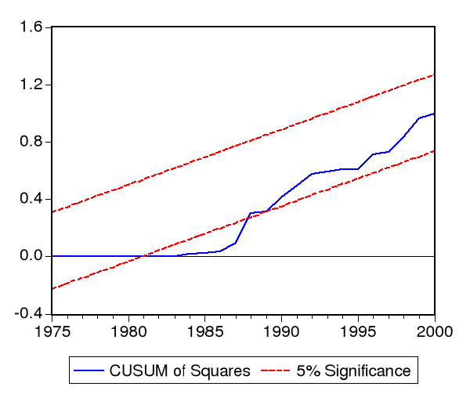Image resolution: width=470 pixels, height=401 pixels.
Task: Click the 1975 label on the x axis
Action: tap(52, 330)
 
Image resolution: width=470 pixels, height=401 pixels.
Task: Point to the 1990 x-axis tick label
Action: tap(281, 330)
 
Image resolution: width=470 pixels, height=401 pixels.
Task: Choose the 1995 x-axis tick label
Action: tap(358, 330)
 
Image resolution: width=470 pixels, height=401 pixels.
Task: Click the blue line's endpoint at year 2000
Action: tap(434, 114)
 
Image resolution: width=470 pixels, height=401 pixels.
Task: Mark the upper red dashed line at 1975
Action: tap(52, 211)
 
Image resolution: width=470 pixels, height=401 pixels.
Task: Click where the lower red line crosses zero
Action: tap(142, 256)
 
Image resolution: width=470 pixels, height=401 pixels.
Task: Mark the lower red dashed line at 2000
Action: tap(434, 150)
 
